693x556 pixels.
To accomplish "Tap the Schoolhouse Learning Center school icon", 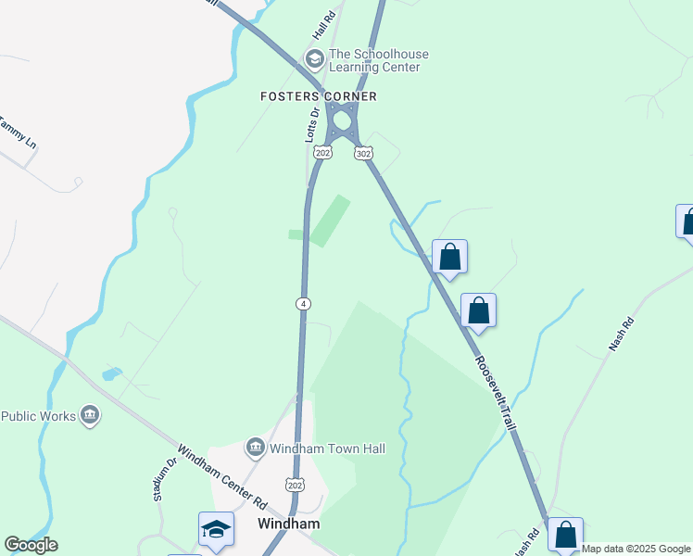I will coord(314,60).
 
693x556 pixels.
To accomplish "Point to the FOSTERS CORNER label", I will coord(318,96).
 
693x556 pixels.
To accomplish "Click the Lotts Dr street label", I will coord(312,124).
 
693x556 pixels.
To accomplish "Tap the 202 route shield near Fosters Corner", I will coord(322,152).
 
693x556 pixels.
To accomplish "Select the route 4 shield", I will coord(303,303).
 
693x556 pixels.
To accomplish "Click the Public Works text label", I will coord(38,416).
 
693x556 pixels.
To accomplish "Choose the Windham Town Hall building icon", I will coord(255,449).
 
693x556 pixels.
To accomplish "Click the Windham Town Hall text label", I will coord(326,449).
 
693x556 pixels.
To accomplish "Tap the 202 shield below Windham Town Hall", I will coord(296,485).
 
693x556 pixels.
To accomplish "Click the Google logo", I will coord(31,545).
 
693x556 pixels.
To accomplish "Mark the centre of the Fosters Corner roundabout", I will coord(344,120).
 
